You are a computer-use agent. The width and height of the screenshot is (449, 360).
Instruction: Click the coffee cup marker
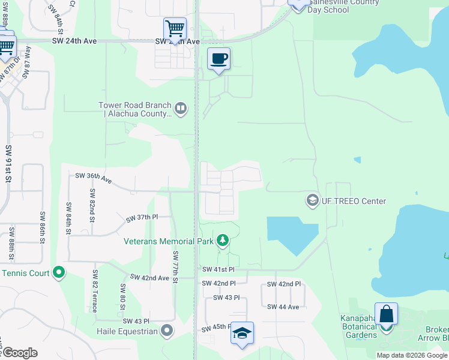coord(219,59)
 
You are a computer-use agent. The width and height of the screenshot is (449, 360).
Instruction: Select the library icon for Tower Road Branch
coord(181,109)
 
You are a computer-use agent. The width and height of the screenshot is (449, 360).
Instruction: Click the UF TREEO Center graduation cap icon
coord(312,201)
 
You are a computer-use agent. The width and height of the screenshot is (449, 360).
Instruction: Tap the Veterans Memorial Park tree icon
coord(223,241)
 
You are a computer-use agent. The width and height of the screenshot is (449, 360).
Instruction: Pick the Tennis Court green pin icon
coord(58,273)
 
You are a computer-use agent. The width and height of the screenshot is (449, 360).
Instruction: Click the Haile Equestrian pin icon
coord(167,331)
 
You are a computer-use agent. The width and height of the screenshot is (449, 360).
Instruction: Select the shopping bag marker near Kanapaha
coord(386,314)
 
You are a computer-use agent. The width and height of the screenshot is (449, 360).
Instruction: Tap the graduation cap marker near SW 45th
coord(241,334)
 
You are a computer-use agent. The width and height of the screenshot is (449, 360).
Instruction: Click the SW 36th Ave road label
coord(94,176)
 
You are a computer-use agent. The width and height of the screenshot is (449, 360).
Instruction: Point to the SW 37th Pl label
coord(142,218)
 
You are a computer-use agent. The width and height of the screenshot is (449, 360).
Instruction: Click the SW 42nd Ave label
coord(150,278)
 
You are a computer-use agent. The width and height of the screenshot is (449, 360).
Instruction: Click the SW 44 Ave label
coord(283,307)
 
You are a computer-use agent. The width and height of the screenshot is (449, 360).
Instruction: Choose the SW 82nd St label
coord(92,206)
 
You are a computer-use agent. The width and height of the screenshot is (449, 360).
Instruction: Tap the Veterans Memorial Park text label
coord(169,242)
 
